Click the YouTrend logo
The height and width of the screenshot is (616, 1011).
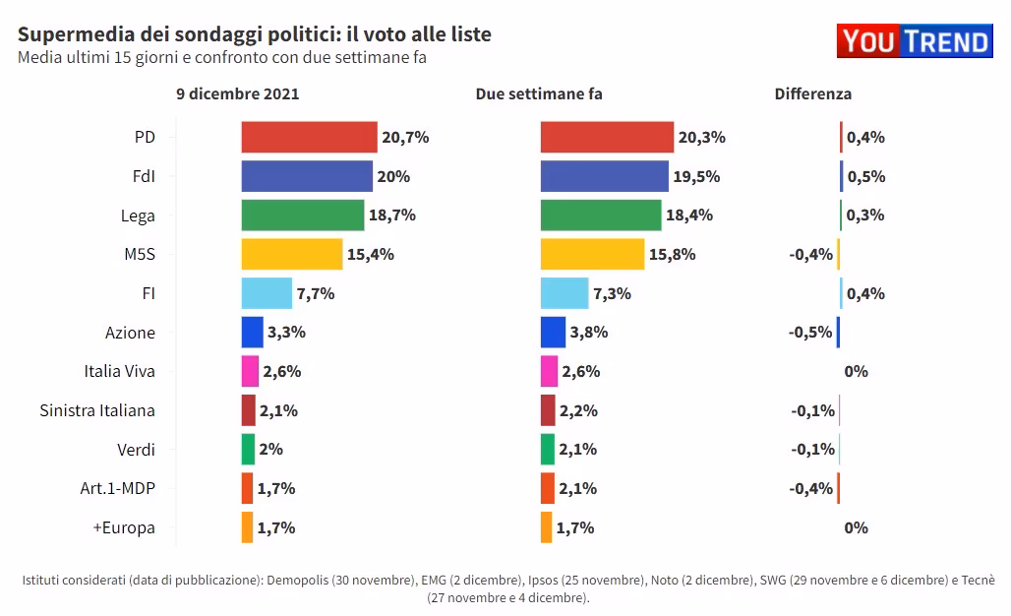coord(915,41)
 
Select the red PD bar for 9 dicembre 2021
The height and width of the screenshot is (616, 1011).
coord(309,137)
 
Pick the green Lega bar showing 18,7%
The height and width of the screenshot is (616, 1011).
coord(302,215)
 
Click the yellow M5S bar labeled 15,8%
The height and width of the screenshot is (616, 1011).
coord(592,254)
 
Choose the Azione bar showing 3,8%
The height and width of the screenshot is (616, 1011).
coord(553,332)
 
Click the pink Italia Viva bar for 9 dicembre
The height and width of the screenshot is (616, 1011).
coord(250,371)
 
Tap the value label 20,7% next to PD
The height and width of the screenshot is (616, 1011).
coord(405,137)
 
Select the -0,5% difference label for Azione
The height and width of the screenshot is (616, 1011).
coord(810,332)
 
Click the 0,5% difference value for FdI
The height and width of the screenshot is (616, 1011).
coord(865,176)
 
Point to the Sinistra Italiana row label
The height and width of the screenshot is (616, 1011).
coord(97,410)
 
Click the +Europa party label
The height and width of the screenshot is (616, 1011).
coord(124,527)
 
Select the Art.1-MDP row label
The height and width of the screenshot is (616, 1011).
coord(118,488)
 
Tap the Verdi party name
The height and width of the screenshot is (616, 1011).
coord(136,450)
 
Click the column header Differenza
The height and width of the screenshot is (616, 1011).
coord(812,94)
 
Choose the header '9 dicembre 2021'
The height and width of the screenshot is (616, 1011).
coord(238,94)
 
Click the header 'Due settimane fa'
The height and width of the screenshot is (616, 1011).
coord(539,94)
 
